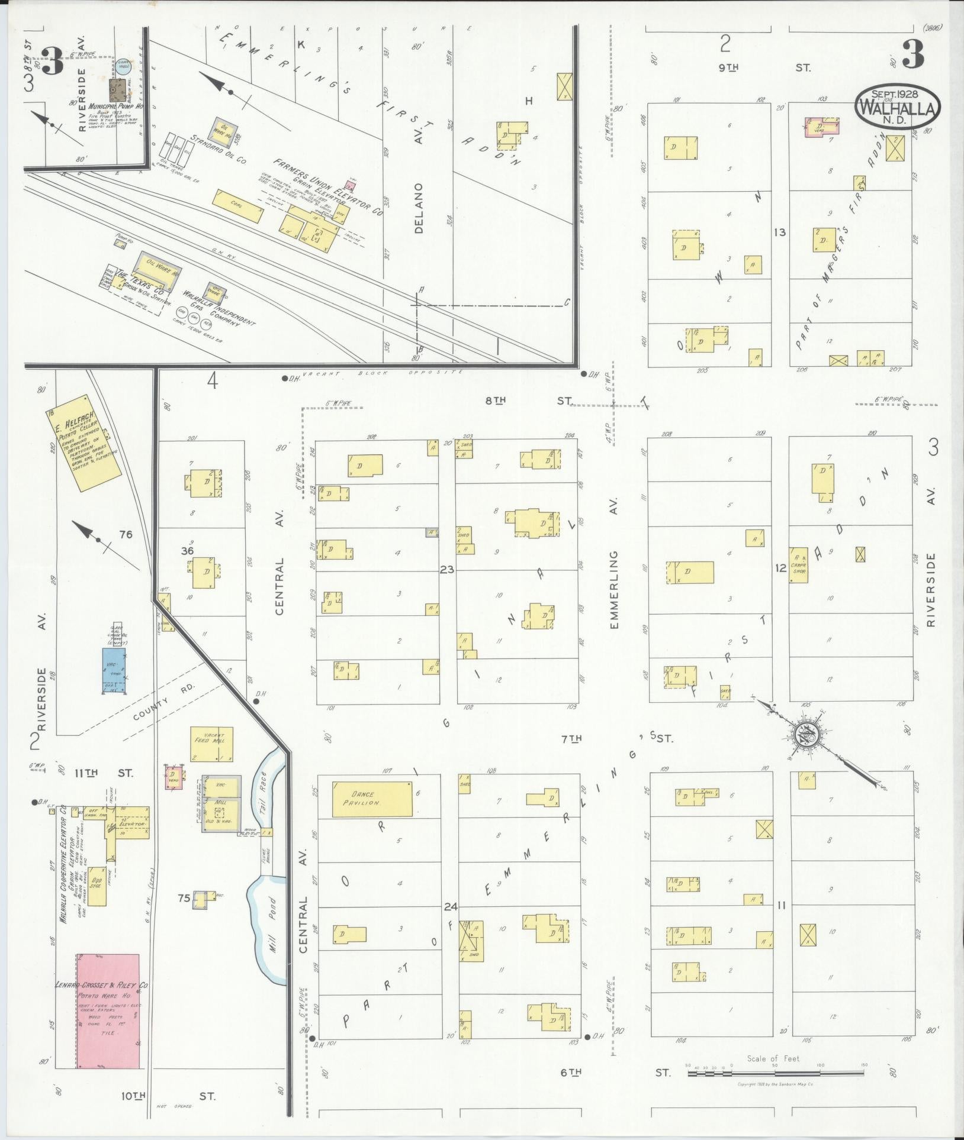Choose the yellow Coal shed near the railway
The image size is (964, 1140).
[x=237, y=206]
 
